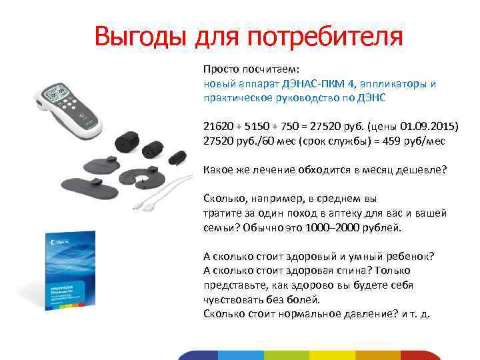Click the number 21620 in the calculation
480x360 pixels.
(218, 127)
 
